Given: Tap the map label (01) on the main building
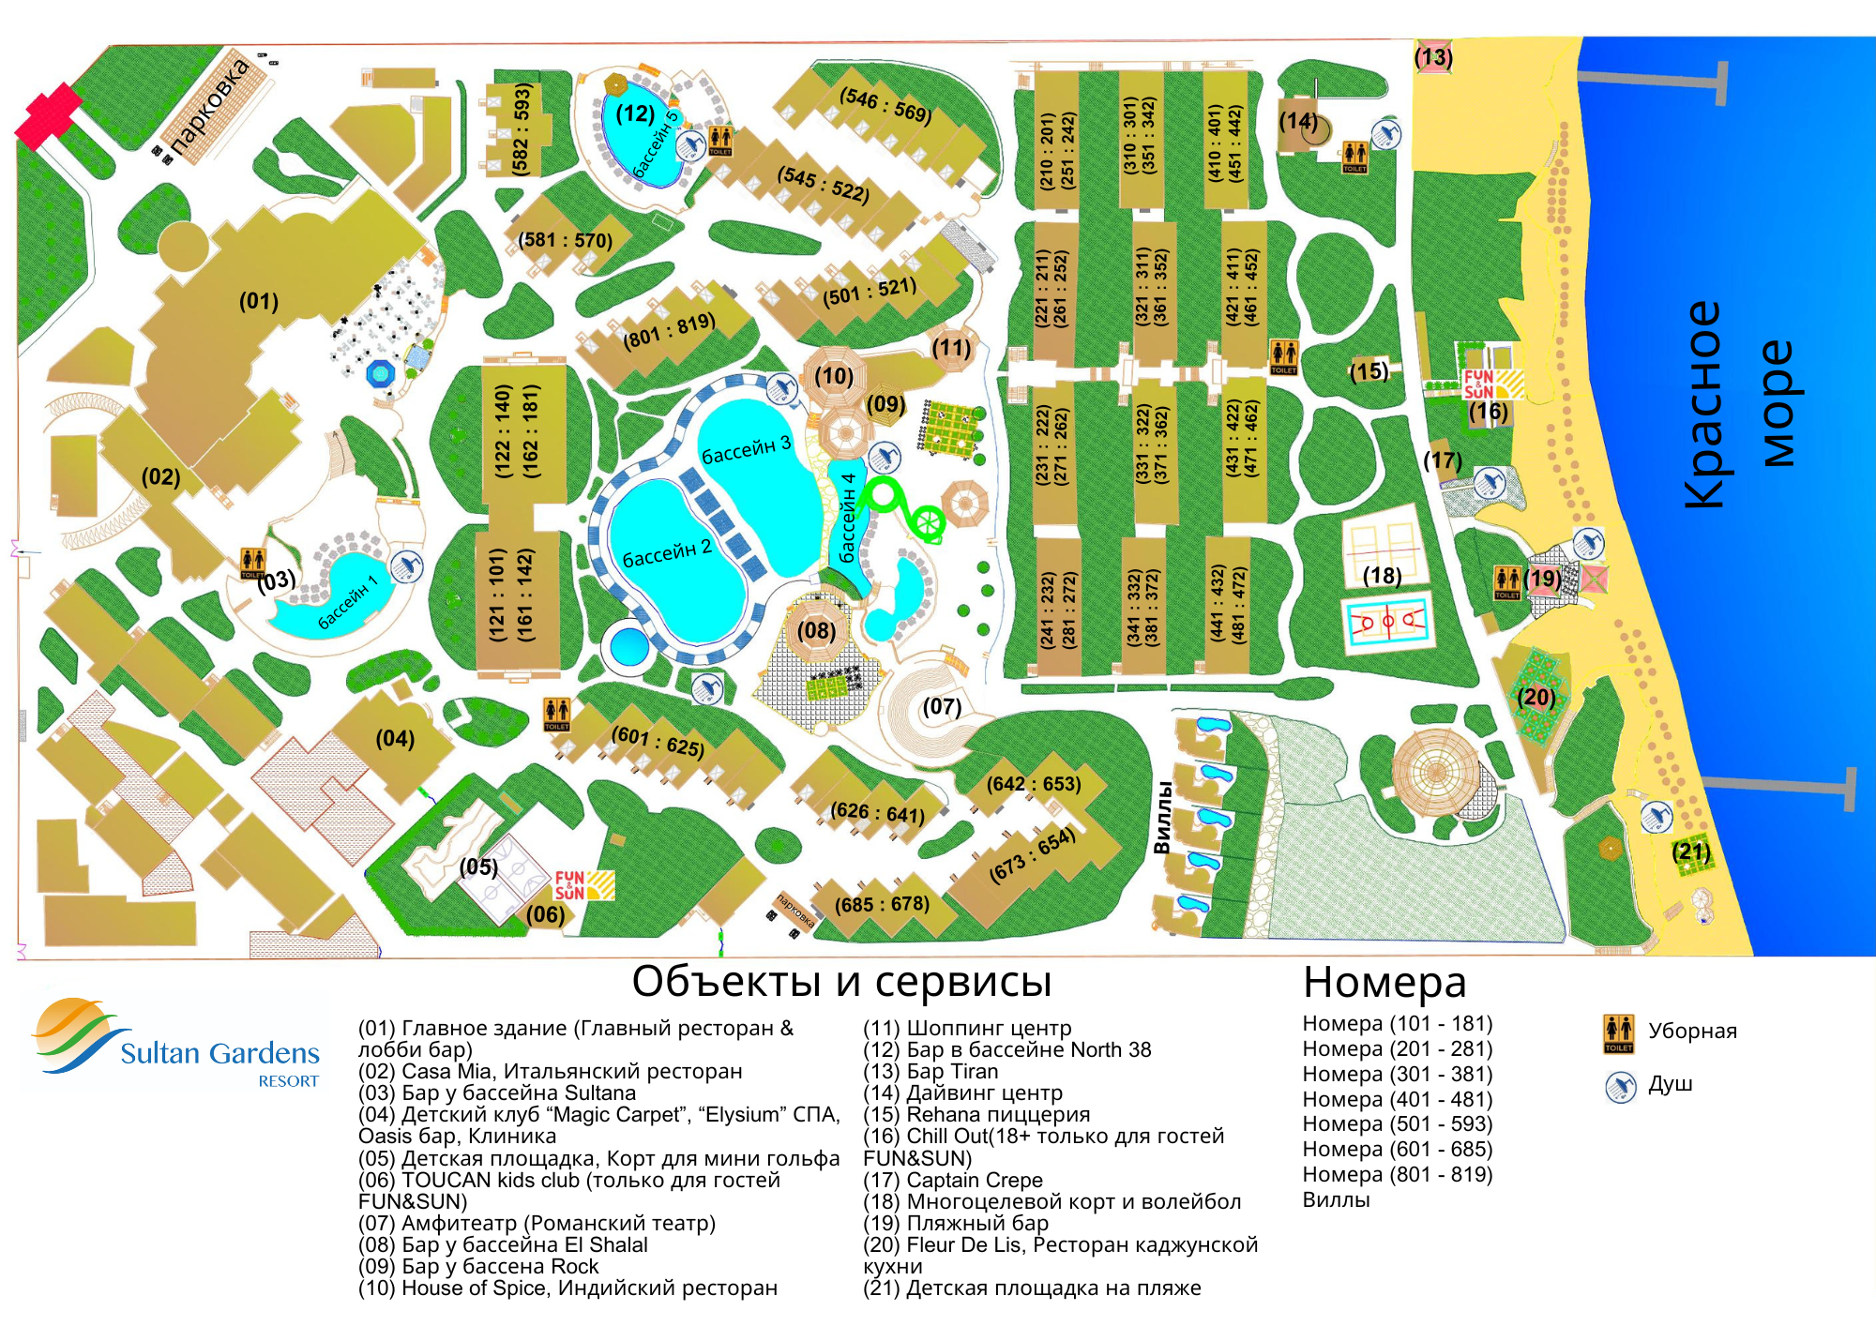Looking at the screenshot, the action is point(259,301).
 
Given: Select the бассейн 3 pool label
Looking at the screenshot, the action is point(747,449).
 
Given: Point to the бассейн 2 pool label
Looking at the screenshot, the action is point(667,553).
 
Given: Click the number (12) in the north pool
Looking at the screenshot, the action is point(635,113).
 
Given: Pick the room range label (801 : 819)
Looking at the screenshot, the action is point(670,330).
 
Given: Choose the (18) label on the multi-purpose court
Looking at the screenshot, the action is point(1382,575).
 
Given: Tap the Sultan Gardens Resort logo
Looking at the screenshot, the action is point(176,1044).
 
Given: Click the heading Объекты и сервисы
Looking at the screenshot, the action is point(841,982).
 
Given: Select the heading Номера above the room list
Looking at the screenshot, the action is point(1384,983).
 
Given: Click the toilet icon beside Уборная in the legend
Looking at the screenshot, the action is point(1618,1033).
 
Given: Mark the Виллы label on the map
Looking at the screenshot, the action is point(1162,818).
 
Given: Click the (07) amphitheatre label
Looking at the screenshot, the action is point(942,706).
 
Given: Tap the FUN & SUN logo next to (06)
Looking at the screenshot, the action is point(583,885).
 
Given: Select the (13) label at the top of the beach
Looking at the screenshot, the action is point(1433,57).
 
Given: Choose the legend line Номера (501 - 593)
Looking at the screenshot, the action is point(1398,1124).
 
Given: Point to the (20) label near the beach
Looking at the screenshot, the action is point(1536,697).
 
